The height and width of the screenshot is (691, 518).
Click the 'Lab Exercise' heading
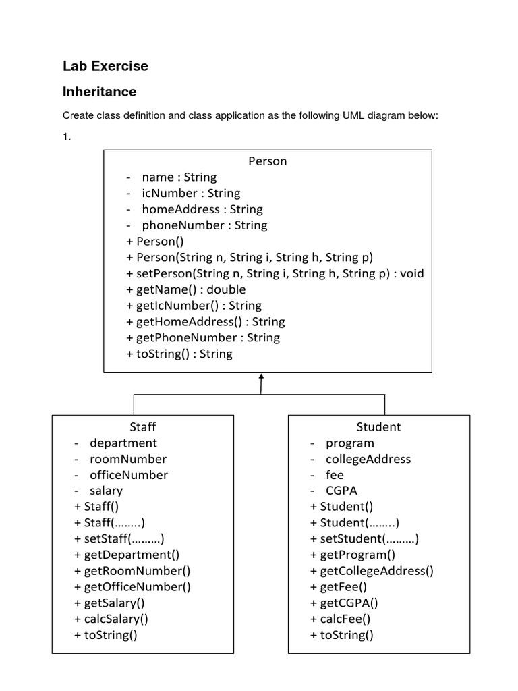tap(105, 66)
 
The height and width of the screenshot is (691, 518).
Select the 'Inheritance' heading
tap(100, 92)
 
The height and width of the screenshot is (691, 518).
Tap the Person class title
tap(267, 161)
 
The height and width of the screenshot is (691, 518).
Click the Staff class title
tap(143, 426)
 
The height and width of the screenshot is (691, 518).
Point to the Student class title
tap(379, 426)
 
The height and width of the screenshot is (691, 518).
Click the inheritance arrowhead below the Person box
tap(261, 377)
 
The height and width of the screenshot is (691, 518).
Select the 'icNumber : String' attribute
tap(191, 194)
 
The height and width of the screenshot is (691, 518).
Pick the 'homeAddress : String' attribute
tap(202, 209)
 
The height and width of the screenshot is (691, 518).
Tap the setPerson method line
tap(275, 274)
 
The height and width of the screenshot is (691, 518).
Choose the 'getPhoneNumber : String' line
tap(203, 338)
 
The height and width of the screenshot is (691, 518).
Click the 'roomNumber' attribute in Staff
tap(128, 459)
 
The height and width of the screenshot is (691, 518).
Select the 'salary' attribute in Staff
tap(106, 491)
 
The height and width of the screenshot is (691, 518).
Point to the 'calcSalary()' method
tap(111, 619)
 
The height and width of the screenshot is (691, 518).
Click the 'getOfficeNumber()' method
tap(132, 587)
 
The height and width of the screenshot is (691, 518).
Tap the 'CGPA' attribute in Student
tap(341, 491)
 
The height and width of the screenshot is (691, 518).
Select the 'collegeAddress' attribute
tap(368, 459)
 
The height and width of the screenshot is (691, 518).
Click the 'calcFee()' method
tap(341, 619)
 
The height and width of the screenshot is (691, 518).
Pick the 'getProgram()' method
tap(353, 555)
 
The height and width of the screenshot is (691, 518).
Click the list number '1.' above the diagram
tap(67, 137)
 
